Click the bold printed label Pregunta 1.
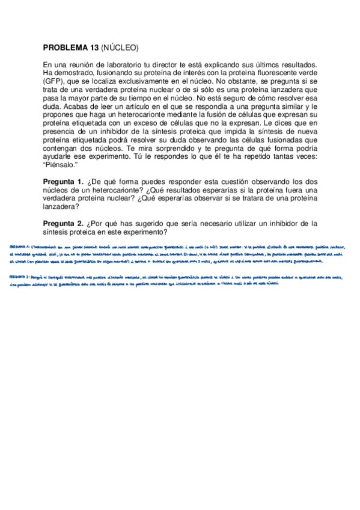[x=64, y=182]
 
